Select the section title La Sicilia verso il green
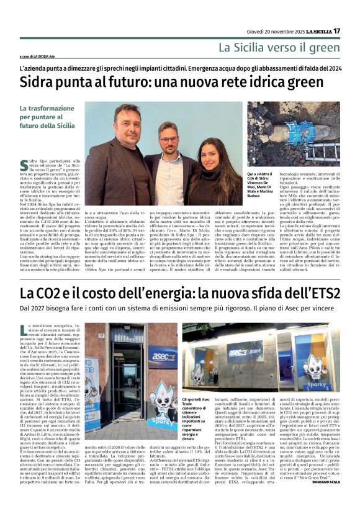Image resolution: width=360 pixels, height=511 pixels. pos(279,47)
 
